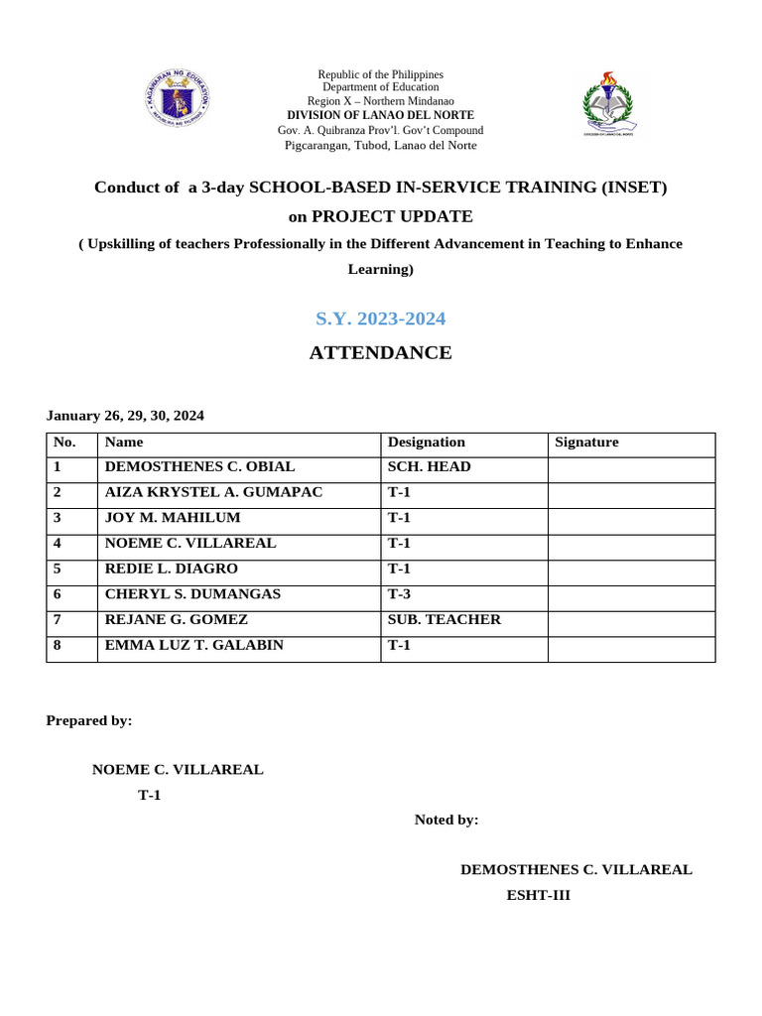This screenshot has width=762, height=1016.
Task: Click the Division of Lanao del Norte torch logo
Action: coord(608,104)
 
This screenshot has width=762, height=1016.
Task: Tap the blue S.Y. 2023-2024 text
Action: coord(380,318)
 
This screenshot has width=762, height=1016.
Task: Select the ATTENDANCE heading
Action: coord(380,352)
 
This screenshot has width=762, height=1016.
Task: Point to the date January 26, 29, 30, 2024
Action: coord(125,416)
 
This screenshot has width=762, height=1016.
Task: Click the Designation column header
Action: coord(426,443)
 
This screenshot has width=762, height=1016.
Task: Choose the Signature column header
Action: coord(586,443)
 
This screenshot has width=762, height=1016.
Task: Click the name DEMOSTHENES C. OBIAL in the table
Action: coord(199,467)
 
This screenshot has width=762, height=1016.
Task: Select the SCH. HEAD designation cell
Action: coord(429,467)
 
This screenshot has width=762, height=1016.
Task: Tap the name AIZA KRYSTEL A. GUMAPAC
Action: coord(213,493)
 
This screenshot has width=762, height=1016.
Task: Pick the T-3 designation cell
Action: coord(399,594)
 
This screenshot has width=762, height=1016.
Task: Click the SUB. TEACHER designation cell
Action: coord(444,620)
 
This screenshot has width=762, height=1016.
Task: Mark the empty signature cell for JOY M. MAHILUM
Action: coord(631,519)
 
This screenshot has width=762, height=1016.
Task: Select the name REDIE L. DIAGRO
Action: coord(172,570)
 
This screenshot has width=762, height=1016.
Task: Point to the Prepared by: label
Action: coord(89,721)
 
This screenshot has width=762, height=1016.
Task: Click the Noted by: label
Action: coord(446,820)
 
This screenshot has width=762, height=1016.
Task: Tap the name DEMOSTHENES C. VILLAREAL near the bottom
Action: coord(575,870)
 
